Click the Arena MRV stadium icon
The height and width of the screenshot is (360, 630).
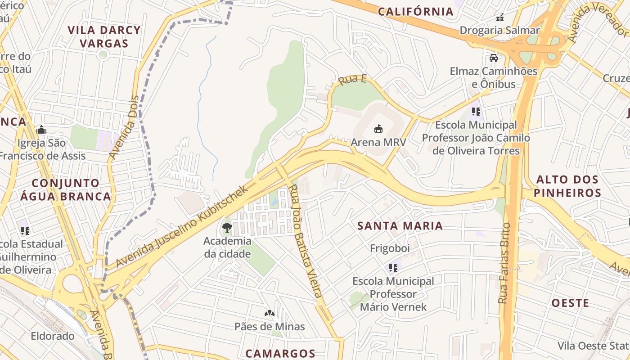378,129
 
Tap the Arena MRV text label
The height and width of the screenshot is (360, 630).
378,142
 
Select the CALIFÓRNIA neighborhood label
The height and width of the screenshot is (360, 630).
416,12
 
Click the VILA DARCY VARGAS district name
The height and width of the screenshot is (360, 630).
104,37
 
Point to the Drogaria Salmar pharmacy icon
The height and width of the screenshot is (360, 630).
499,18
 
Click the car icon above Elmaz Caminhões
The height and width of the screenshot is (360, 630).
494,58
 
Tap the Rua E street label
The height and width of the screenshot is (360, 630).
352,81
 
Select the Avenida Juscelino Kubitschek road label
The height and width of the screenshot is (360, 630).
182,227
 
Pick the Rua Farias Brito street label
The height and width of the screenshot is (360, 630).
505,263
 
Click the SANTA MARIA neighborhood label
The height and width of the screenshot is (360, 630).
400,226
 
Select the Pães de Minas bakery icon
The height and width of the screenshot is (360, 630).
269,313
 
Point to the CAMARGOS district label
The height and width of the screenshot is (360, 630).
280,353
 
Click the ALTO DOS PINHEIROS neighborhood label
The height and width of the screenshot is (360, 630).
568,186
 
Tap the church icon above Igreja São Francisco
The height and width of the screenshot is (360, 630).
41,130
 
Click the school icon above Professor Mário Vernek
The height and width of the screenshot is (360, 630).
393,268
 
